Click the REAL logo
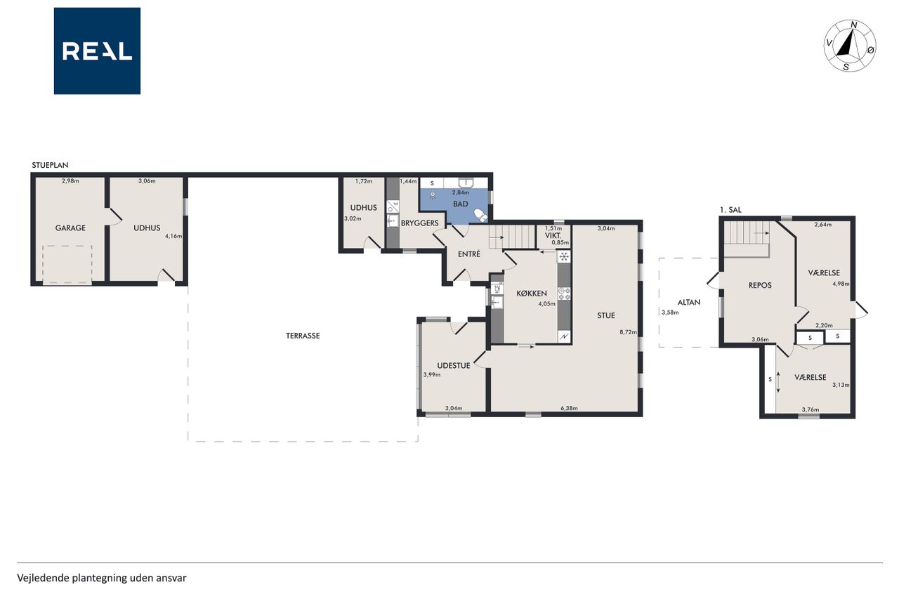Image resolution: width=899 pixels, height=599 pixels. (x=97, y=51)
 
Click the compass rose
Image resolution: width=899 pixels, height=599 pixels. (x=850, y=46)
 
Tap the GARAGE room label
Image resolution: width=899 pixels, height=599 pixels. (x=70, y=228)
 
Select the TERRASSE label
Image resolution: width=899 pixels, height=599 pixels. (x=303, y=336)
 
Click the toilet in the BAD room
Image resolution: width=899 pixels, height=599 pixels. (x=480, y=215)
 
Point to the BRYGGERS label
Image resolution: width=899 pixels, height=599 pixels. (x=419, y=223)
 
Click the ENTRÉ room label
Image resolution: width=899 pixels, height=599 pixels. (x=468, y=254)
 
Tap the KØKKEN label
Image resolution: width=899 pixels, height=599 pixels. (x=532, y=294)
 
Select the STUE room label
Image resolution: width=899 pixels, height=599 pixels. (x=605, y=316)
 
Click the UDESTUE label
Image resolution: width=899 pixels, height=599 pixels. (x=453, y=365)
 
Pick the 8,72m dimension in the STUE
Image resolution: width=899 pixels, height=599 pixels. (x=628, y=332)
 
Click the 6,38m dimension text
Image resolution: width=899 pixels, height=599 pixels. (x=569, y=409)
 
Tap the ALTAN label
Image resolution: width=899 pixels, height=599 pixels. (x=689, y=303)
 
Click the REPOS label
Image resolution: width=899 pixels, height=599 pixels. (x=760, y=285)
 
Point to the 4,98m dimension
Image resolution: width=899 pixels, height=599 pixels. (x=841, y=284)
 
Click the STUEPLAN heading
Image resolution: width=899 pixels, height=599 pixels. (x=50, y=165)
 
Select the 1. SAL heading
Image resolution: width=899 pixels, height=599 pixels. (x=730, y=210)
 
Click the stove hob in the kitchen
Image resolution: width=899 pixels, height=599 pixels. (x=564, y=294)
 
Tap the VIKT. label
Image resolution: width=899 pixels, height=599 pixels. (x=553, y=236)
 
